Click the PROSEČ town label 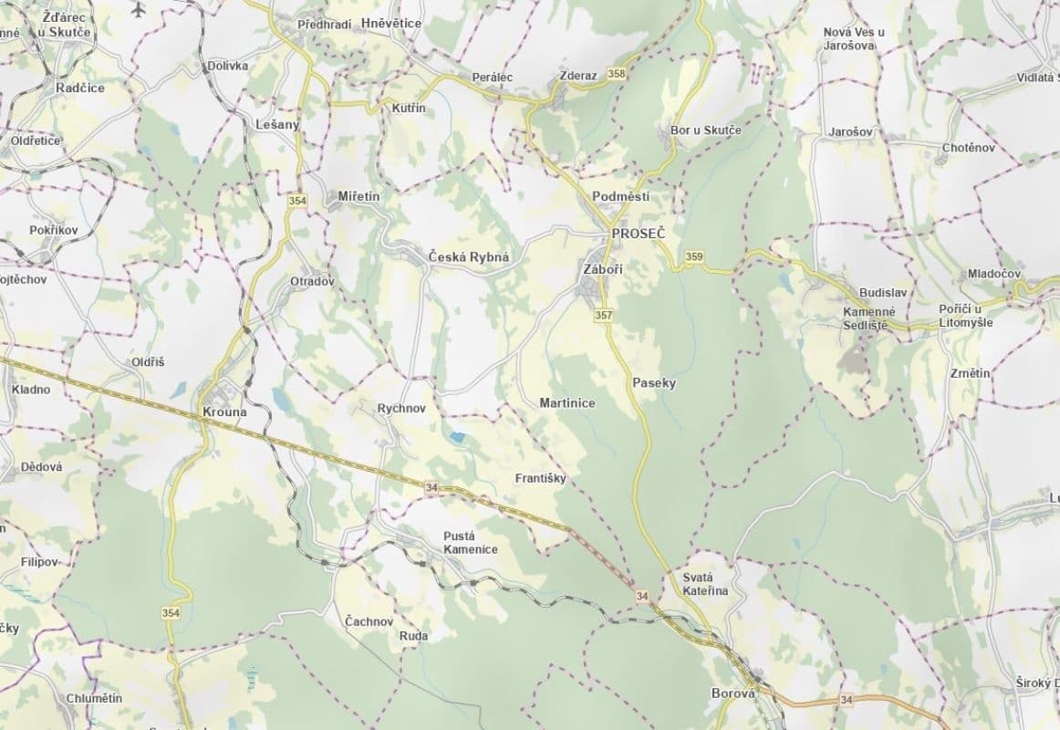pos(639,235)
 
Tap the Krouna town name pos(224,412)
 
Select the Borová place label pos(733,693)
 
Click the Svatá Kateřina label pos(706,584)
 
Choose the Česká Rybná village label pos(469,257)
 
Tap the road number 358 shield pos(617,75)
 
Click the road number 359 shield pos(694,257)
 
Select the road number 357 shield pos(603,316)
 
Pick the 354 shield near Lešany pos(296,200)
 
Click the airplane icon pos(138,9)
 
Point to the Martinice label pos(567,402)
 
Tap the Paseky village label pos(654,383)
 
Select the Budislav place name pos(882,293)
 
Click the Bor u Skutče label pos(705,130)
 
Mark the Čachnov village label pos(369,621)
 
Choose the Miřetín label pos(359,196)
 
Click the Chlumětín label pos(94,698)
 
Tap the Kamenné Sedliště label pos(869,318)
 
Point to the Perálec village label pos(493,78)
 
